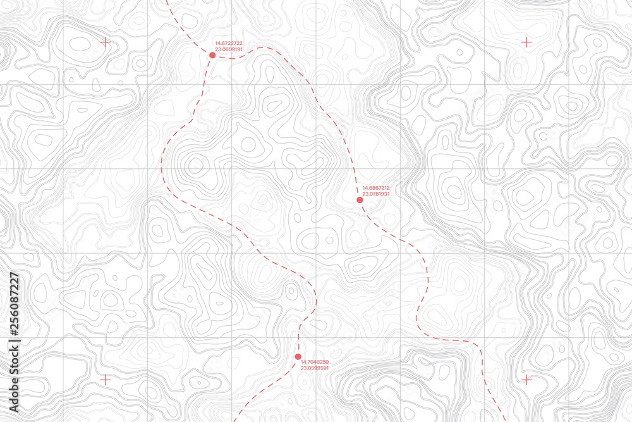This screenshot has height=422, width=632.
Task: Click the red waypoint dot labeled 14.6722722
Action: [212, 56]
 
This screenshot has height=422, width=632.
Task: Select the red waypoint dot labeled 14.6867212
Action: [360, 200]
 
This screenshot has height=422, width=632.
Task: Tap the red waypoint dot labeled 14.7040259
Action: [298, 357]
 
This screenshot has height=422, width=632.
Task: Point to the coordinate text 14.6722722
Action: [229, 44]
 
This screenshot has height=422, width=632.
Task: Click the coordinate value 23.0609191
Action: [229, 49]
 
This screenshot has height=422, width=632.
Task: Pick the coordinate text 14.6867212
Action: [375, 188]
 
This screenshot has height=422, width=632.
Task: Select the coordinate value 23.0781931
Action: [375, 194]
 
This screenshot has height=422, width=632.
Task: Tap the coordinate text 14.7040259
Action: [314, 362]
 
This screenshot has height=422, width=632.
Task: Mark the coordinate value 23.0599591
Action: [314, 368]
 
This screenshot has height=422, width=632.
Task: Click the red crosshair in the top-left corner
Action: [105, 42]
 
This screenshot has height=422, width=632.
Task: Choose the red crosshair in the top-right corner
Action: [526, 42]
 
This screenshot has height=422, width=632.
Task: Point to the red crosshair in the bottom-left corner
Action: [105, 380]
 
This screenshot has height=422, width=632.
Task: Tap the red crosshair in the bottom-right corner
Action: [526, 380]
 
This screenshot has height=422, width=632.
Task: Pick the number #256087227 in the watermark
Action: [13, 304]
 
